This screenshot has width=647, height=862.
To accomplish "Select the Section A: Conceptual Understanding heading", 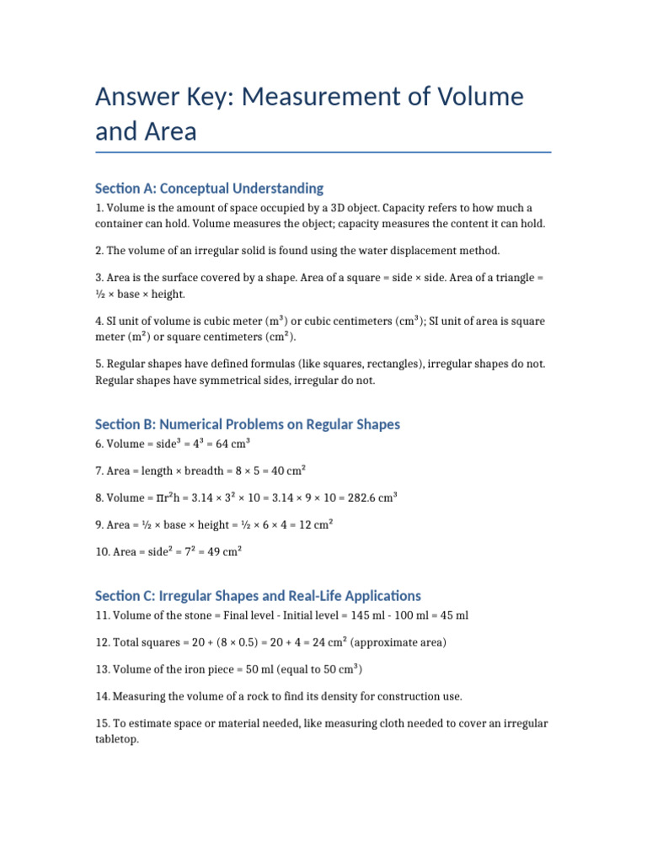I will coord(209,188).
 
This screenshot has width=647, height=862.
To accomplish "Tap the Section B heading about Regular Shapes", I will coord(248,424).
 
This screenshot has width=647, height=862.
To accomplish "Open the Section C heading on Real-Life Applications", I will coord(258,595).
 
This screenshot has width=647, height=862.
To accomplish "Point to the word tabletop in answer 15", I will coord(118,739).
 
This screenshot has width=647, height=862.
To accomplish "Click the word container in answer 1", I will coord(120,224).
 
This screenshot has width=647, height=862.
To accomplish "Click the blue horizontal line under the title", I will coord(323,152).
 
